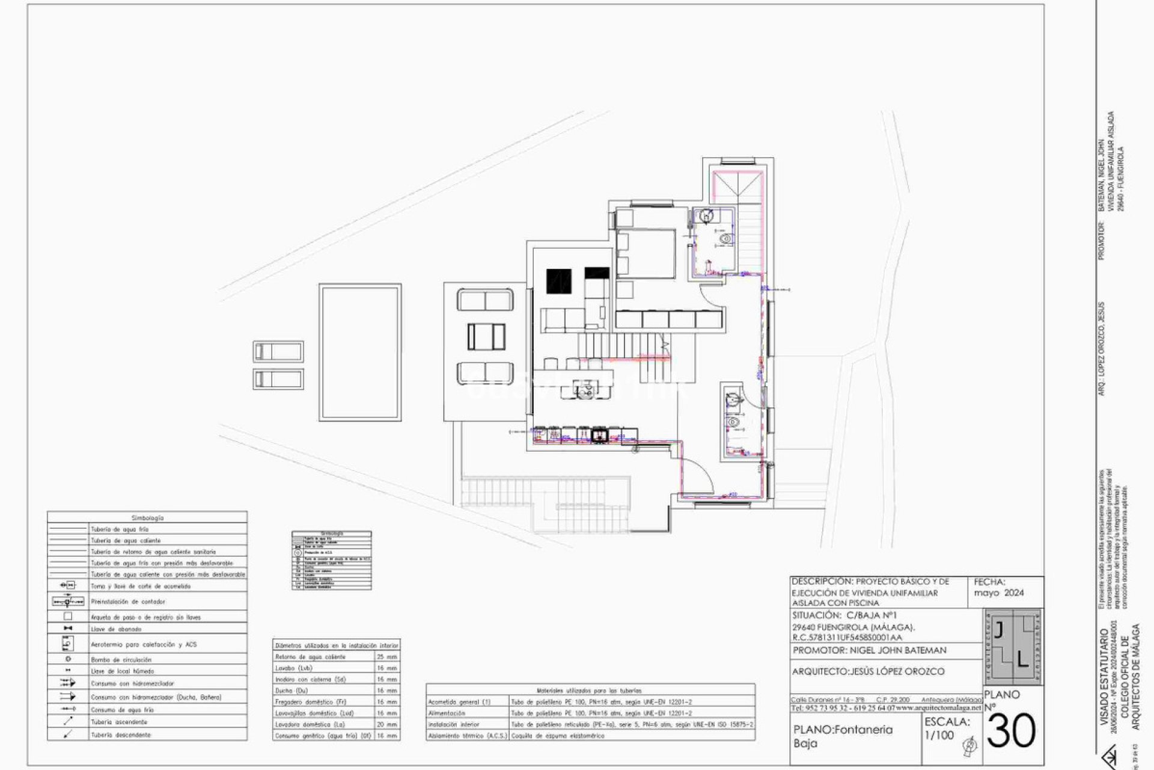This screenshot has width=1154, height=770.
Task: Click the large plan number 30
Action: coord(1012,731)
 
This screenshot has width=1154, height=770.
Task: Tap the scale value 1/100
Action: coord(939,735)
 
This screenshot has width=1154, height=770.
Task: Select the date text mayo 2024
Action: coord(999,593)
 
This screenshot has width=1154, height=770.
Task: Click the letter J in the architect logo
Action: coord(998,630)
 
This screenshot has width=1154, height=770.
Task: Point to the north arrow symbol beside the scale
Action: coord(969,747)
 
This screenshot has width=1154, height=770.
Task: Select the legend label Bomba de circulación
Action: coord(121,660)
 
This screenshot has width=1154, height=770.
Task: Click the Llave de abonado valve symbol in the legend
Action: coord(68,628)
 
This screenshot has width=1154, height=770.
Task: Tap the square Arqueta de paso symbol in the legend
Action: coord(68,617)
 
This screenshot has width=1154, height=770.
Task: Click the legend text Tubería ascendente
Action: coord(119,722)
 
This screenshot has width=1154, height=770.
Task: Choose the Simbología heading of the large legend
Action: coord(147,517)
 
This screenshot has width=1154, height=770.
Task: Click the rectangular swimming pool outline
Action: coord(360,353)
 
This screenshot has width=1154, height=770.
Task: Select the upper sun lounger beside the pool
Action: coord(278,351)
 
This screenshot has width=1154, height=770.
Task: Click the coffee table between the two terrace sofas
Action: coord(486,336)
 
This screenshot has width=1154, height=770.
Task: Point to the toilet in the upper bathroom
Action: coord(725,239)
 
